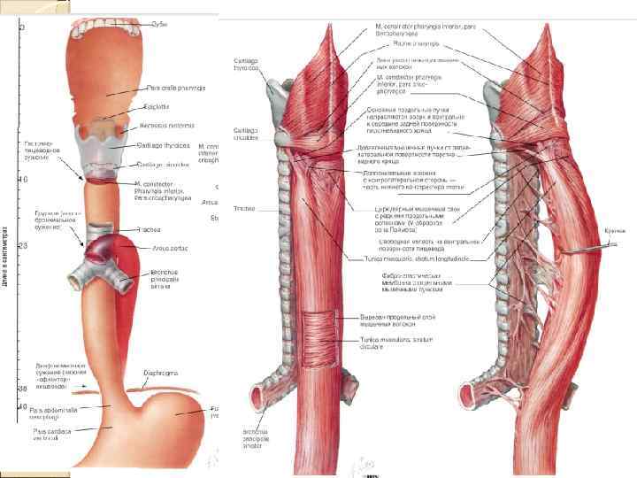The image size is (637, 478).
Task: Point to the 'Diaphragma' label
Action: point(158,374)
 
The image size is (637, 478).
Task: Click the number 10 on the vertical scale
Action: point(22,180)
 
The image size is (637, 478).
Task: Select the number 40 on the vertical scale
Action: point(22,406)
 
